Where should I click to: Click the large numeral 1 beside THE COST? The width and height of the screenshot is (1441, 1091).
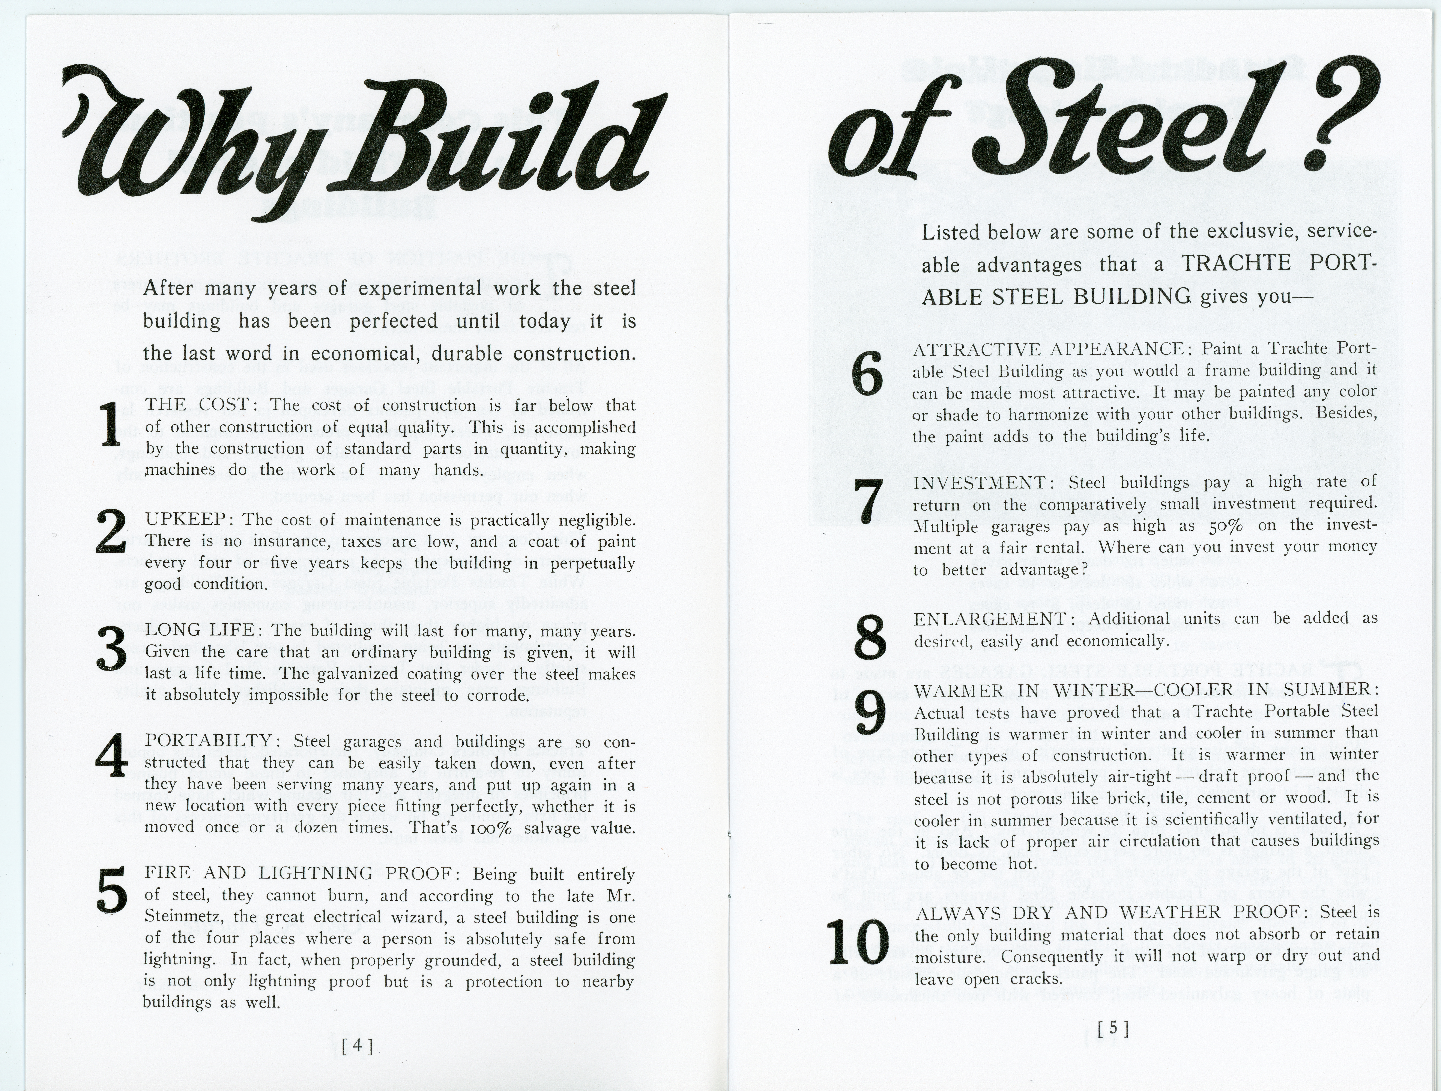112,426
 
